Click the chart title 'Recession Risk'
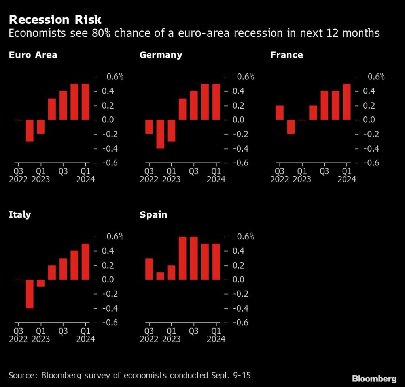click(55, 19)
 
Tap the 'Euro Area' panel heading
click(33, 55)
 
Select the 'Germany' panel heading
click(161, 55)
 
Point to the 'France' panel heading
click(286, 55)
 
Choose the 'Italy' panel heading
click(20, 215)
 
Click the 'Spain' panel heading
click(153, 215)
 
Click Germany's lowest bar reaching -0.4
click(160, 134)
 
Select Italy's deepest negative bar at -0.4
click(30, 294)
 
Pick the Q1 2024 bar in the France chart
click(347, 102)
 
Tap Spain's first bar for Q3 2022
click(149, 269)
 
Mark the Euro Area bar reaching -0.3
click(30, 130)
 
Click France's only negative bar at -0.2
click(291, 127)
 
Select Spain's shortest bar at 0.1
click(160, 276)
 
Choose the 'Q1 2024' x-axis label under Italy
click(86, 334)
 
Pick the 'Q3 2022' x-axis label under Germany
click(149, 175)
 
